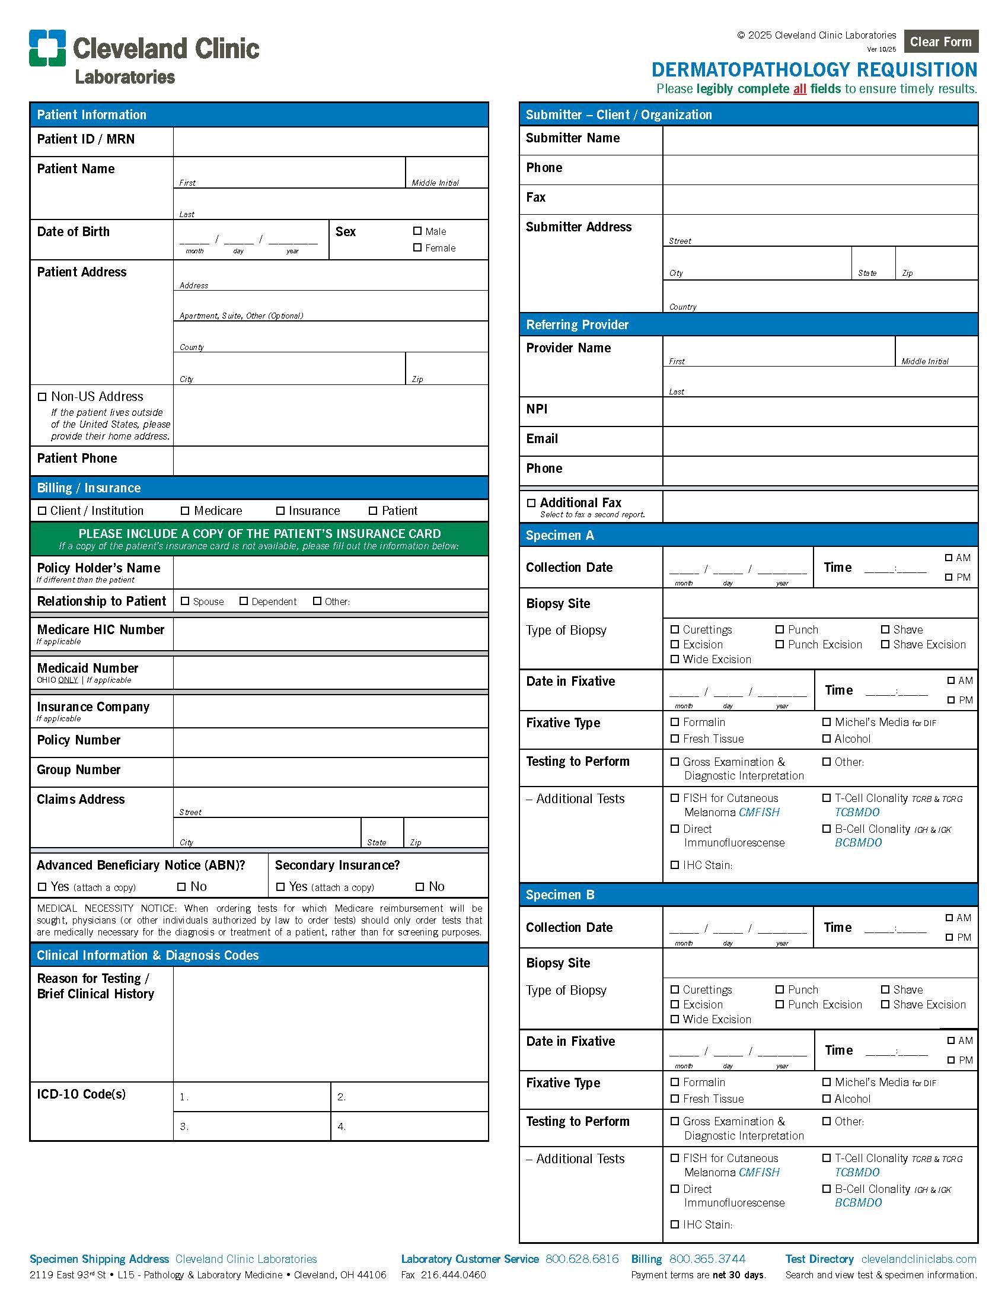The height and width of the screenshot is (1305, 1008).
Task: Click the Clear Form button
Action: [x=940, y=42]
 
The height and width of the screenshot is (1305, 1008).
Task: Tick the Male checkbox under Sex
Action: [x=417, y=231]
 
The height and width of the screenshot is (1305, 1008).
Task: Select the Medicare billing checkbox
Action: [x=185, y=511]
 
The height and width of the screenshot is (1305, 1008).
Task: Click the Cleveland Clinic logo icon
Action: [x=47, y=48]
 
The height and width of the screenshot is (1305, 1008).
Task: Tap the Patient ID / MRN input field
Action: [x=330, y=142]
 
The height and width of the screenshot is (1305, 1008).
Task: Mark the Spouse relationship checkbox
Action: [x=185, y=601]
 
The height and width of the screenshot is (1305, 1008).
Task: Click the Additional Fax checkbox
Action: [x=531, y=503]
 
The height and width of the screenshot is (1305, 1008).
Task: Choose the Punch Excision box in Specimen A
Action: [x=780, y=645]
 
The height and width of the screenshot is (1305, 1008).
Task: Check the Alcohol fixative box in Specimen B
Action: [x=827, y=1098]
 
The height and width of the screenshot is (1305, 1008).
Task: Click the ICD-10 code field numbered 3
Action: [x=252, y=1126]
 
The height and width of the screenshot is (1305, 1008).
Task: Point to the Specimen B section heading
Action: [x=560, y=895]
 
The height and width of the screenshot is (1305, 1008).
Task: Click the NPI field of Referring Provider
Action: [x=819, y=412]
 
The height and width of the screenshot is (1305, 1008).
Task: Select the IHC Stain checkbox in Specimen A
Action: [x=675, y=865]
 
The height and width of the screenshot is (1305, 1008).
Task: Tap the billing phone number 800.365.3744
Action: [x=707, y=1259]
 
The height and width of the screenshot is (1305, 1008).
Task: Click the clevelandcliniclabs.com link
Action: [x=918, y=1259]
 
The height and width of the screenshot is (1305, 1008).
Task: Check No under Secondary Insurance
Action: [x=420, y=887]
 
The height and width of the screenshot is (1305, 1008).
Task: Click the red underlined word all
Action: [x=800, y=89]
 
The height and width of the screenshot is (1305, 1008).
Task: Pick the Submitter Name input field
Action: [x=819, y=141]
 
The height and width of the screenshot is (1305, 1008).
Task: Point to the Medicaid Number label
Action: [x=87, y=668]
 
